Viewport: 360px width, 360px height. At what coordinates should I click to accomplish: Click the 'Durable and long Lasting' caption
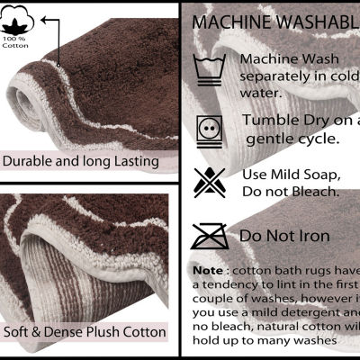81,162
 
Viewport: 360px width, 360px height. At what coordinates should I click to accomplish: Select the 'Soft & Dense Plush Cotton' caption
85,332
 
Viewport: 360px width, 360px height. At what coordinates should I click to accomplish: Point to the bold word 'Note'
209,270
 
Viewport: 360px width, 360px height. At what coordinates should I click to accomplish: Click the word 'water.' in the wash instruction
261,92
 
